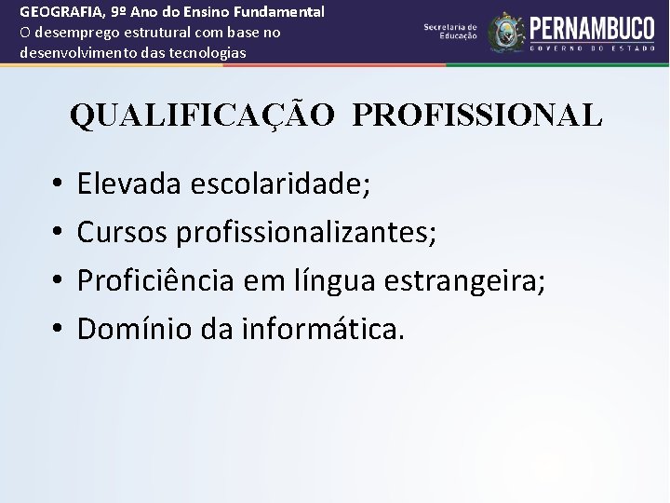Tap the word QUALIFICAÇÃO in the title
(202, 116)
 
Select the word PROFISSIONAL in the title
(477, 116)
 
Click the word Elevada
(129, 184)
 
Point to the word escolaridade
(280, 184)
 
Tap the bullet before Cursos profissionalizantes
(57, 233)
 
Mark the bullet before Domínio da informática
(57, 329)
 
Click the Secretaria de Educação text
(450, 32)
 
